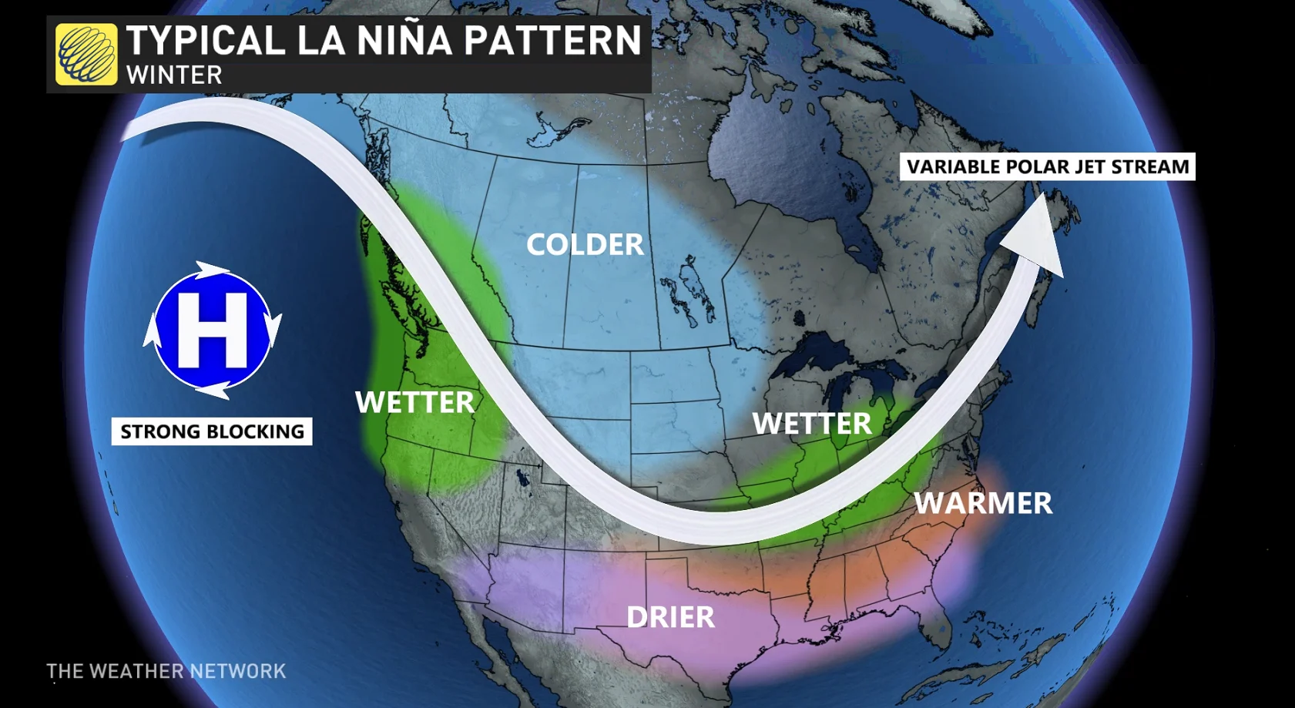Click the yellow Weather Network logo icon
[86, 54]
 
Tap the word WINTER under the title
[174, 75]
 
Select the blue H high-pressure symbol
[212, 330]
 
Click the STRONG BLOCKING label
[212, 431]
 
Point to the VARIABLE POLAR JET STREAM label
[1047, 167]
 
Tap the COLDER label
[585, 245]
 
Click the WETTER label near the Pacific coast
[414, 402]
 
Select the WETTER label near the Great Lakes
[812, 424]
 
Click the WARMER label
[983, 503]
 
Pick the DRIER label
[670, 617]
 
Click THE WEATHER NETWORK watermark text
[166, 671]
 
